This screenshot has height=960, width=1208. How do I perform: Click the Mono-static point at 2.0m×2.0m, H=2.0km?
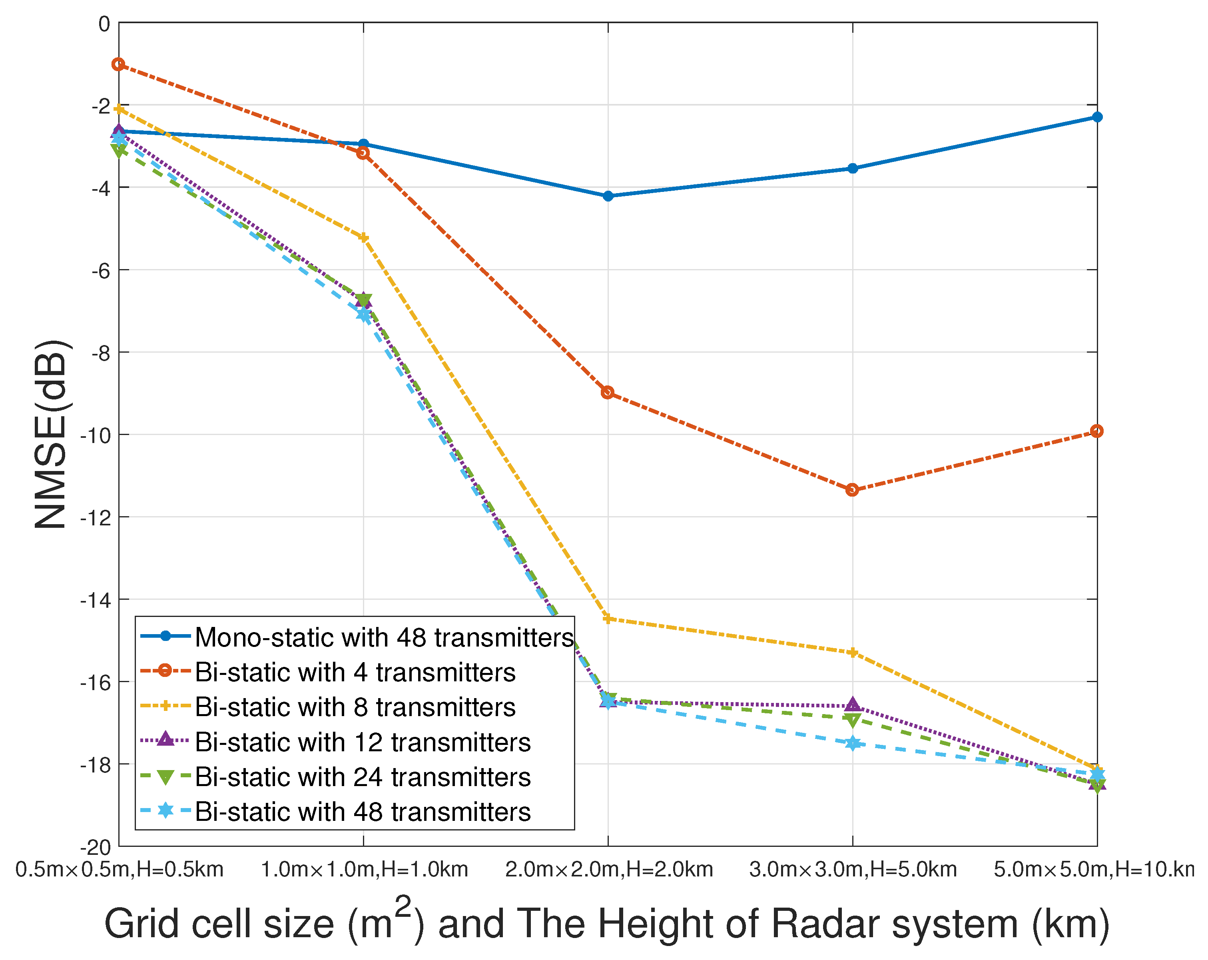click(608, 196)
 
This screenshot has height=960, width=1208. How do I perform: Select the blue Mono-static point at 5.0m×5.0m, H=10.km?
click(1097, 117)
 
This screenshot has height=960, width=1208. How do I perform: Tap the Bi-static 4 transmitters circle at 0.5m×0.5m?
click(118, 64)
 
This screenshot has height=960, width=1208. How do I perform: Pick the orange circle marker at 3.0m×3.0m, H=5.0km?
click(852, 490)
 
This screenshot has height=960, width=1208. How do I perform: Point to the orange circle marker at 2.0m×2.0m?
click(607, 392)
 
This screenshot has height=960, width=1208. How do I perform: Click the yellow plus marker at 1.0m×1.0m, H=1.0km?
click(363, 238)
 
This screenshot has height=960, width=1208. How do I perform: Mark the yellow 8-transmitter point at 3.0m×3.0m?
click(853, 653)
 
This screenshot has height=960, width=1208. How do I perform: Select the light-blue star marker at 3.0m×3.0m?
click(853, 744)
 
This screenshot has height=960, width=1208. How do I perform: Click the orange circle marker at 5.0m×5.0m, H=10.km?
click(1096, 431)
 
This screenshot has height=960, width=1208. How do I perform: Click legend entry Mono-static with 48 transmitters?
click(384, 637)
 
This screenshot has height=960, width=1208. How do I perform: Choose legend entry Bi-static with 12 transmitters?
click(363, 742)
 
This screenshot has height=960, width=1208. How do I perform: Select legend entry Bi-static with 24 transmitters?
click(363, 777)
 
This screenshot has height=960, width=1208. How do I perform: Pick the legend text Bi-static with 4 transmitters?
click(355, 672)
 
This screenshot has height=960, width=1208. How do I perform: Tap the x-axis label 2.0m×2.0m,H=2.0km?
click(609, 870)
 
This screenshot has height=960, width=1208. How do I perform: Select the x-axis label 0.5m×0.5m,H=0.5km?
click(120, 870)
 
